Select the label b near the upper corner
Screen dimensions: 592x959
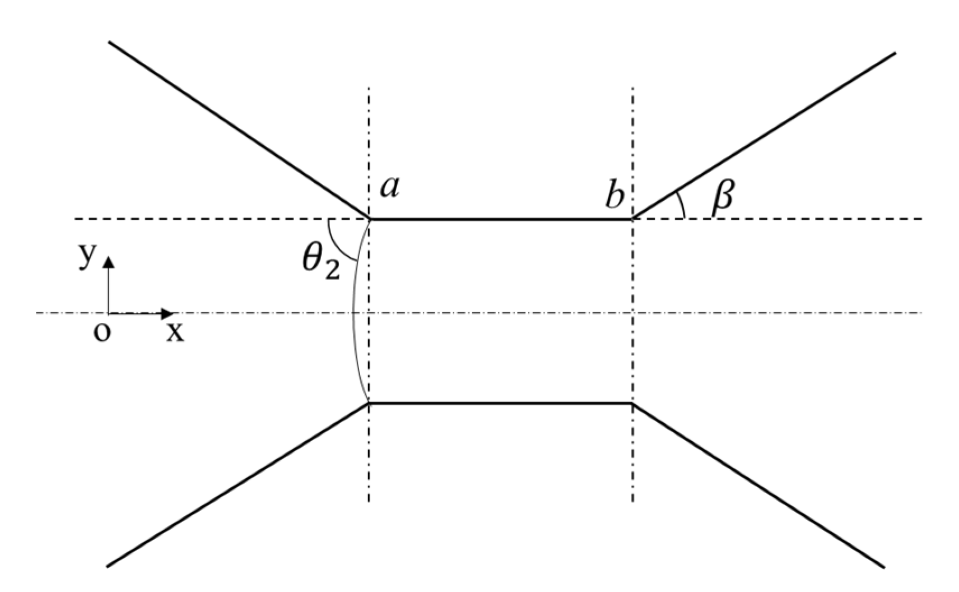click(x=614, y=196)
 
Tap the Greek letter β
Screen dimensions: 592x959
click(x=722, y=199)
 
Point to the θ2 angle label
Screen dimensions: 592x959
click(x=320, y=264)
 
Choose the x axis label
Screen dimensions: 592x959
click(x=175, y=333)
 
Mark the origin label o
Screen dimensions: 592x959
click(x=101, y=332)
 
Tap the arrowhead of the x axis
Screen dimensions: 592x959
click(x=168, y=313)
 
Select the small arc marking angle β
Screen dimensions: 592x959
click(x=681, y=205)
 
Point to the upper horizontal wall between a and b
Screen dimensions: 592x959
click(x=501, y=219)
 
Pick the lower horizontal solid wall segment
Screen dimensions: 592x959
click(x=501, y=403)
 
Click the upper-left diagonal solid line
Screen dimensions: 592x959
click(x=239, y=130)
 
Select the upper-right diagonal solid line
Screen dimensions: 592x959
click(x=764, y=136)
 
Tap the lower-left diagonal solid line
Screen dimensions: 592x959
click(x=238, y=485)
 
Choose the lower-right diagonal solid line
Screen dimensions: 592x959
click(x=758, y=485)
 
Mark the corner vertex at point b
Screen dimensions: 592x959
click(x=632, y=219)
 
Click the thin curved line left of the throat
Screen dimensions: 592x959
click(x=353, y=314)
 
